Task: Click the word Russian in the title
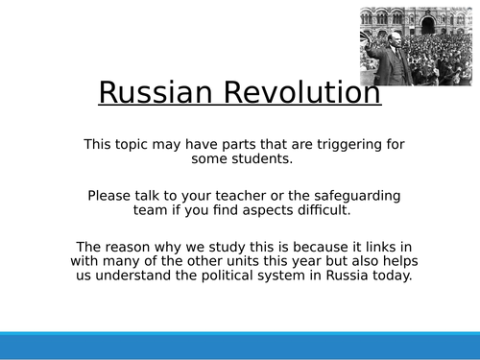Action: [151, 93]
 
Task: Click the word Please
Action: [112, 195]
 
